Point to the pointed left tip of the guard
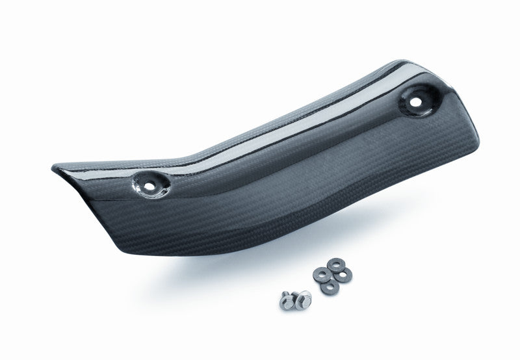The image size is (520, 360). pyautogui.click(x=55, y=168)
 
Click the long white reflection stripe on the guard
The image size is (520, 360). pyautogui.click(x=260, y=153)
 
